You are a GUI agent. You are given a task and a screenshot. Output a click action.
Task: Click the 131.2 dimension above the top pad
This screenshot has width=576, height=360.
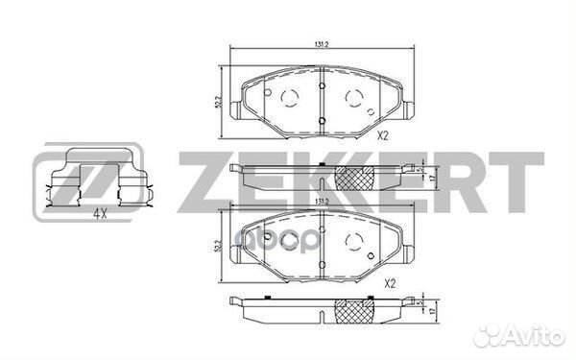(321, 43)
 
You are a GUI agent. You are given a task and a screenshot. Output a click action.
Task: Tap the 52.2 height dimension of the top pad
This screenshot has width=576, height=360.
(220, 100)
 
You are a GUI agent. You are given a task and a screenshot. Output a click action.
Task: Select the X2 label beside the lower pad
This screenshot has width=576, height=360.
(389, 284)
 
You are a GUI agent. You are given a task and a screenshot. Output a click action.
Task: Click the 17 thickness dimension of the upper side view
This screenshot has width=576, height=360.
(436, 178)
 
